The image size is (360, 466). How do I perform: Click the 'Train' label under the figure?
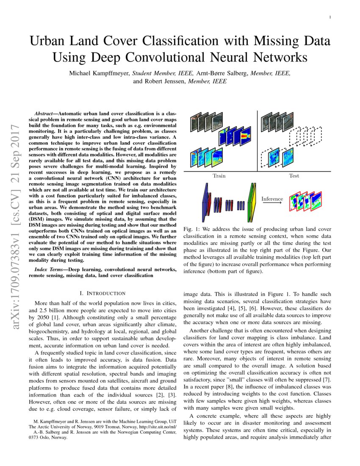pos(219,175)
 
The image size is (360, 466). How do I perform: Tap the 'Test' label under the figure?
pos(294,175)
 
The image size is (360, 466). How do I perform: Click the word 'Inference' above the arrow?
pos(272,199)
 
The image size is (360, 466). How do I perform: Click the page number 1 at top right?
pos(330,17)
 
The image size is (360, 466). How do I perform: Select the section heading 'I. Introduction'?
pos(102,293)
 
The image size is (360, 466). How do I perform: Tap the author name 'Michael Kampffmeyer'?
pos(99,73)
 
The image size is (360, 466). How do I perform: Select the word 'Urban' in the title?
pos(52,42)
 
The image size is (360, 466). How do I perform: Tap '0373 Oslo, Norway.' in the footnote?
pos(48,438)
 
